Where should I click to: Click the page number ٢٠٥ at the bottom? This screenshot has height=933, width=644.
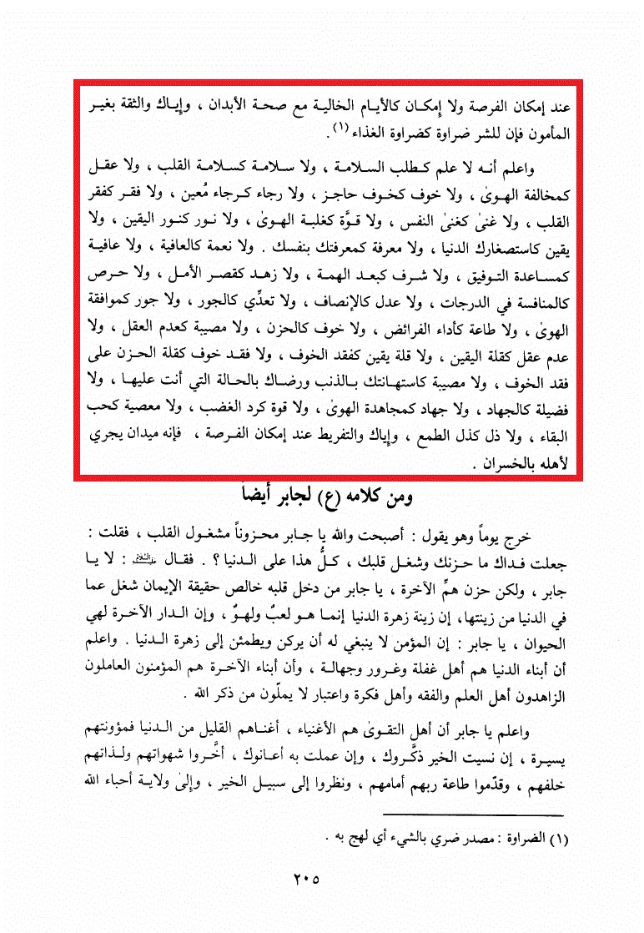[x=308, y=879]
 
